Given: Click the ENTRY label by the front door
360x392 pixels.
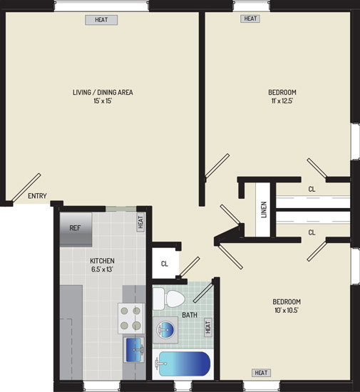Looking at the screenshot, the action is tap(37, 196).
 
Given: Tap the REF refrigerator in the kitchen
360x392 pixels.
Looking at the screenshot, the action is tap(76, 229).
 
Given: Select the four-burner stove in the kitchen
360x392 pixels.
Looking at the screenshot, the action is tap(131, 318).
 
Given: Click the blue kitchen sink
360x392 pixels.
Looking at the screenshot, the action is tap(134, 350).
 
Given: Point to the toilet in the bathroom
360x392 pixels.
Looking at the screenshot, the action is tap(169, 299).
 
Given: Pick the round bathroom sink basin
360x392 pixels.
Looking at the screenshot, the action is tap(165, 330).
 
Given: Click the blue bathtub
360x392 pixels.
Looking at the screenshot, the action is tap(184, 363).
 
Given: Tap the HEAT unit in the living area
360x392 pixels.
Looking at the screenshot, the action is tap(101, 20).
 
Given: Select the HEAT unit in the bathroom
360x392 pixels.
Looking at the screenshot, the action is tap(208, 327).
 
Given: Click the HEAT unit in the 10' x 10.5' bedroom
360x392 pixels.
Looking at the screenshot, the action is tap(261, 373).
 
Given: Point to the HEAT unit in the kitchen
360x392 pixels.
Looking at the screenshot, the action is tap(140, 222).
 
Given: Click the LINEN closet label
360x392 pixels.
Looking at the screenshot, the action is tap(264, 210).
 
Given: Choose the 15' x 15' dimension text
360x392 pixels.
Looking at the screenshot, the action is tap(103, 101).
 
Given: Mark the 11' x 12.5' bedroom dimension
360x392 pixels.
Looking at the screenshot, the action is tap(282, 101).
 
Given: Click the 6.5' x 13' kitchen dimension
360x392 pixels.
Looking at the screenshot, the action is tap(102, 269).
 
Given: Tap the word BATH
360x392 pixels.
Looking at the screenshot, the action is tap(190, 315).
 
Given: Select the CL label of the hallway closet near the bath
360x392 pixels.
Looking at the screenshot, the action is tap(165, 264).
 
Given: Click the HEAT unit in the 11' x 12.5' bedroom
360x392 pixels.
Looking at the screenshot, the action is tap(250, 19).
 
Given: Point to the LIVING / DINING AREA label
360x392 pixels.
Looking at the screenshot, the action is tap(103, 92).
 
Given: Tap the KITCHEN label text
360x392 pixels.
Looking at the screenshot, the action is tap(102, 261).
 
